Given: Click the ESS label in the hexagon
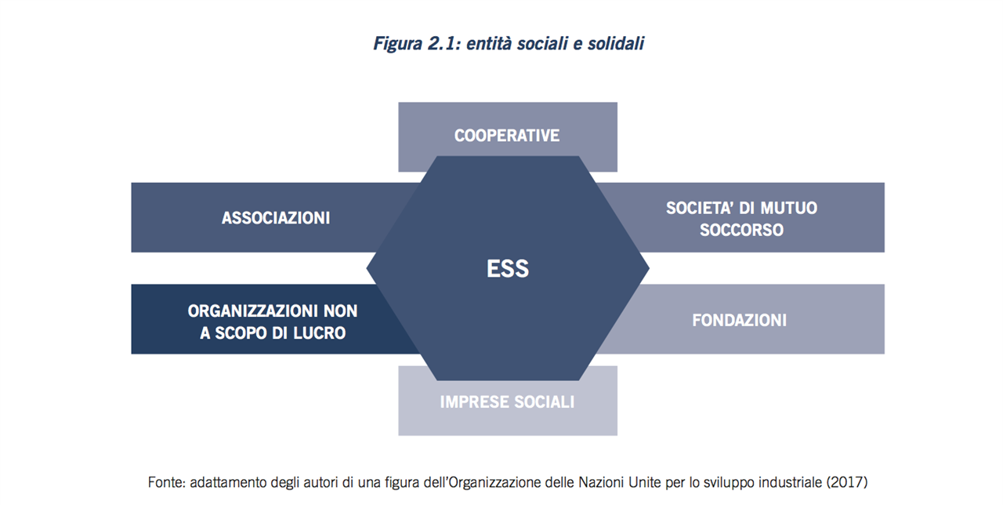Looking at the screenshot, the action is click(507, 268).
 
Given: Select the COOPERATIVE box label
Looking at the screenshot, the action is click(507, 136).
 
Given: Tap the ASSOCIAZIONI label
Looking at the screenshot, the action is click(276, 218).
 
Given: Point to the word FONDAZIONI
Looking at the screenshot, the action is click(739, 320).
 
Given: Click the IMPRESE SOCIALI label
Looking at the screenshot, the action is click(507, 402).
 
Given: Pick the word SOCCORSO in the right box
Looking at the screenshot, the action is click(741, 230).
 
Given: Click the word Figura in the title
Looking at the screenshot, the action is click(397, 44).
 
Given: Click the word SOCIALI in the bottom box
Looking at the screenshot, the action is click(544, 402).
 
